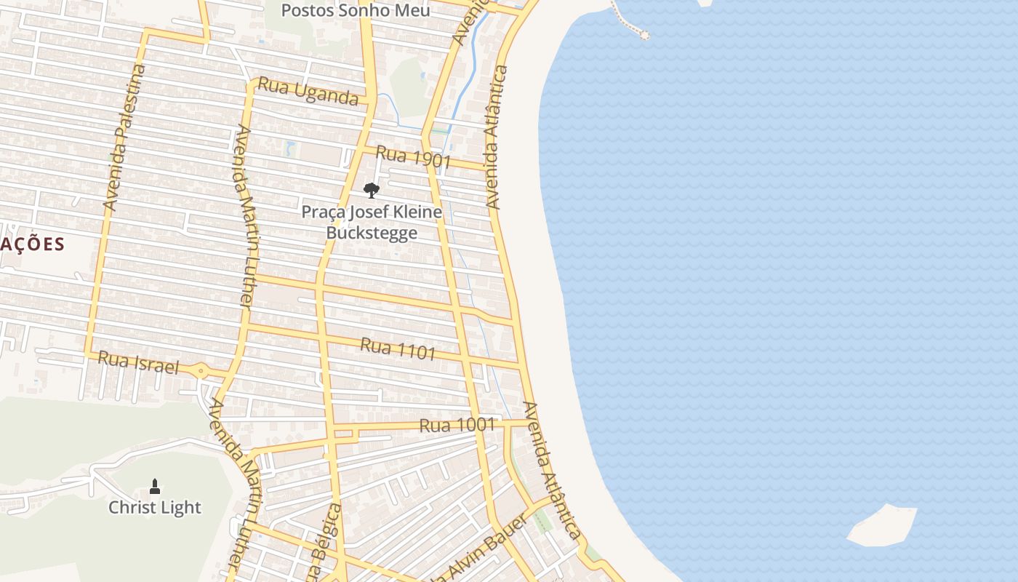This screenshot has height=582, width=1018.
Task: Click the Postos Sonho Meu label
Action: (356, 10)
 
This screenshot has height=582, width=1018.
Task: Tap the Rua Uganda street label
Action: (308, 91)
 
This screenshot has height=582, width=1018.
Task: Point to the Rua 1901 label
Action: (413, 156)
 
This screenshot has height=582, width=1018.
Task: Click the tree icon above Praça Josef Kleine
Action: (372, 191)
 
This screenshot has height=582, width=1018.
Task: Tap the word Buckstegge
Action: (372, 233)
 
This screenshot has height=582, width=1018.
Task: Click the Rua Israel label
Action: (138, 362)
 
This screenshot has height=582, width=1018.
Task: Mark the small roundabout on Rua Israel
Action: (201, 371)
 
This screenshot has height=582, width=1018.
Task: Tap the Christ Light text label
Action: (155, 507)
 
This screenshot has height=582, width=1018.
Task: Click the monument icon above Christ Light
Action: (155, 486)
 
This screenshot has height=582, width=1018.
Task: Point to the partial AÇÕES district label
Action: (32, 244)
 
